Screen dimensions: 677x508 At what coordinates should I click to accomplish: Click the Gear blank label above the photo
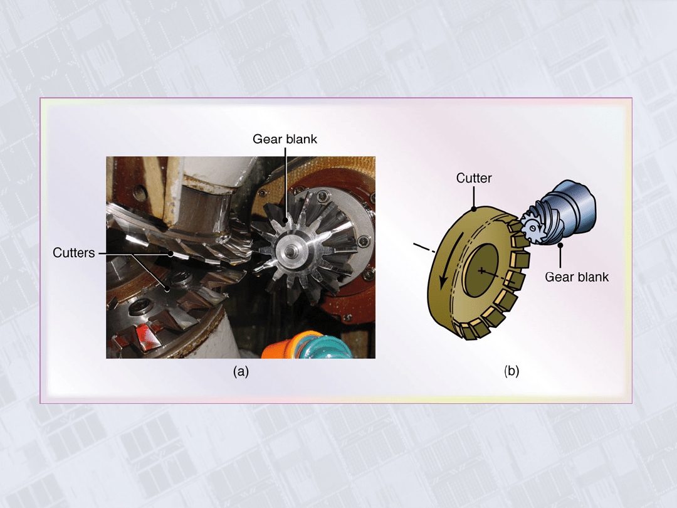pyautogui.click(x=285, y=139)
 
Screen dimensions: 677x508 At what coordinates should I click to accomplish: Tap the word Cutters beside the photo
pyautogui.click(x=74, y=253)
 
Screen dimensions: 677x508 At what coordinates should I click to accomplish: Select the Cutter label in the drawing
pyautogui.click(x=474, y=178)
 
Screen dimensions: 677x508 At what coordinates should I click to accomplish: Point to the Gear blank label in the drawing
pyautogui.click(x=577, y=277)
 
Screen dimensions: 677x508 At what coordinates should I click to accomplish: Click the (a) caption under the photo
pyautogui.click(x=241, y=371)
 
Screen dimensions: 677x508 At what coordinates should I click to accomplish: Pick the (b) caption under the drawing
pyautogui.click(x=512, y=371)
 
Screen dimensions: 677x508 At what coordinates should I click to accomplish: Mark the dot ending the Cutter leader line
pyautogui.click(x=474, y=209)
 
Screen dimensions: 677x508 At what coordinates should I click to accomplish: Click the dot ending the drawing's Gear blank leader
pyautogui.click(x=560, y=245)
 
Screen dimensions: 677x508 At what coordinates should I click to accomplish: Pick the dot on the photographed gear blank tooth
pyautogui.click(x=285, y=220)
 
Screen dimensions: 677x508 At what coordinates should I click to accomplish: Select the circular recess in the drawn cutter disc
pyautogui.click(x=481, y=270)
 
